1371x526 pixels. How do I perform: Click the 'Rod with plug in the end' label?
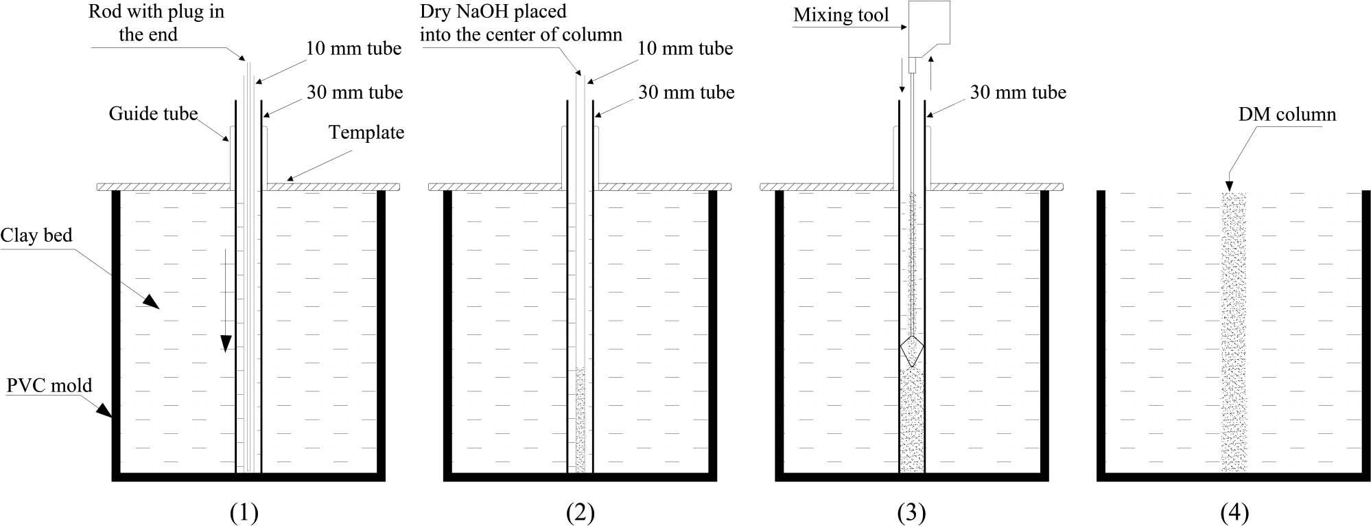pyautogui.click(x=156, y=23)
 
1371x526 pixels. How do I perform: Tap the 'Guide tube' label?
pyautogui.click(x=153, y=113)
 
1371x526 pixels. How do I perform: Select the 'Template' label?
pyautogui.click(x=366, y=132)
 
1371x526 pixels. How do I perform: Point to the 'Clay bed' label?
pyautogui.click(x=36, y=236)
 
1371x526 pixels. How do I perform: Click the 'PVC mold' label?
pyautogui.click(x=49, y=385)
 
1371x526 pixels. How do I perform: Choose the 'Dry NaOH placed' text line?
pyautogui.click(x=493, y=12)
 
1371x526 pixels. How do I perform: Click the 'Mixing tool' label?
pyautogui.click(x=841, y=15)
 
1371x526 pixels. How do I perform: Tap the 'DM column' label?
pyautogui.click(x=1287, y=114)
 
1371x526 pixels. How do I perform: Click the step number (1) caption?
pyautogui.click(x=245, y=512)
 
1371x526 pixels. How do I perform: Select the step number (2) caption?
pyautogui.click(x=581, y=512)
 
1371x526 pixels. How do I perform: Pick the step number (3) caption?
pyautogui.click(x=912, y=512)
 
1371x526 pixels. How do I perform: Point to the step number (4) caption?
pyautogui.click(x=1234, y=512)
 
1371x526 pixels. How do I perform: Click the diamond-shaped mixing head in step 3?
pyautogui.click(x=912, y=352)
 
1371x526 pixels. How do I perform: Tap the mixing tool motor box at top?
pyautogui.click(x=929, y=29)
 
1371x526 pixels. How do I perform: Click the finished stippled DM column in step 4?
pyautogui.click(x=1233, y=330)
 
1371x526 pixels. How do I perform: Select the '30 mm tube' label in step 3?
pyautogui.click(x=1018, y=92)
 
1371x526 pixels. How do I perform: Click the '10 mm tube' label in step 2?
pyautogui.click(x=685, y=48)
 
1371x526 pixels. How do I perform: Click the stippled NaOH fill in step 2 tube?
pyautogui.click(x=581, y=419)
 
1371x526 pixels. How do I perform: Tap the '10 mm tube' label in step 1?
pyautogui.click(x=353, y=48)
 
